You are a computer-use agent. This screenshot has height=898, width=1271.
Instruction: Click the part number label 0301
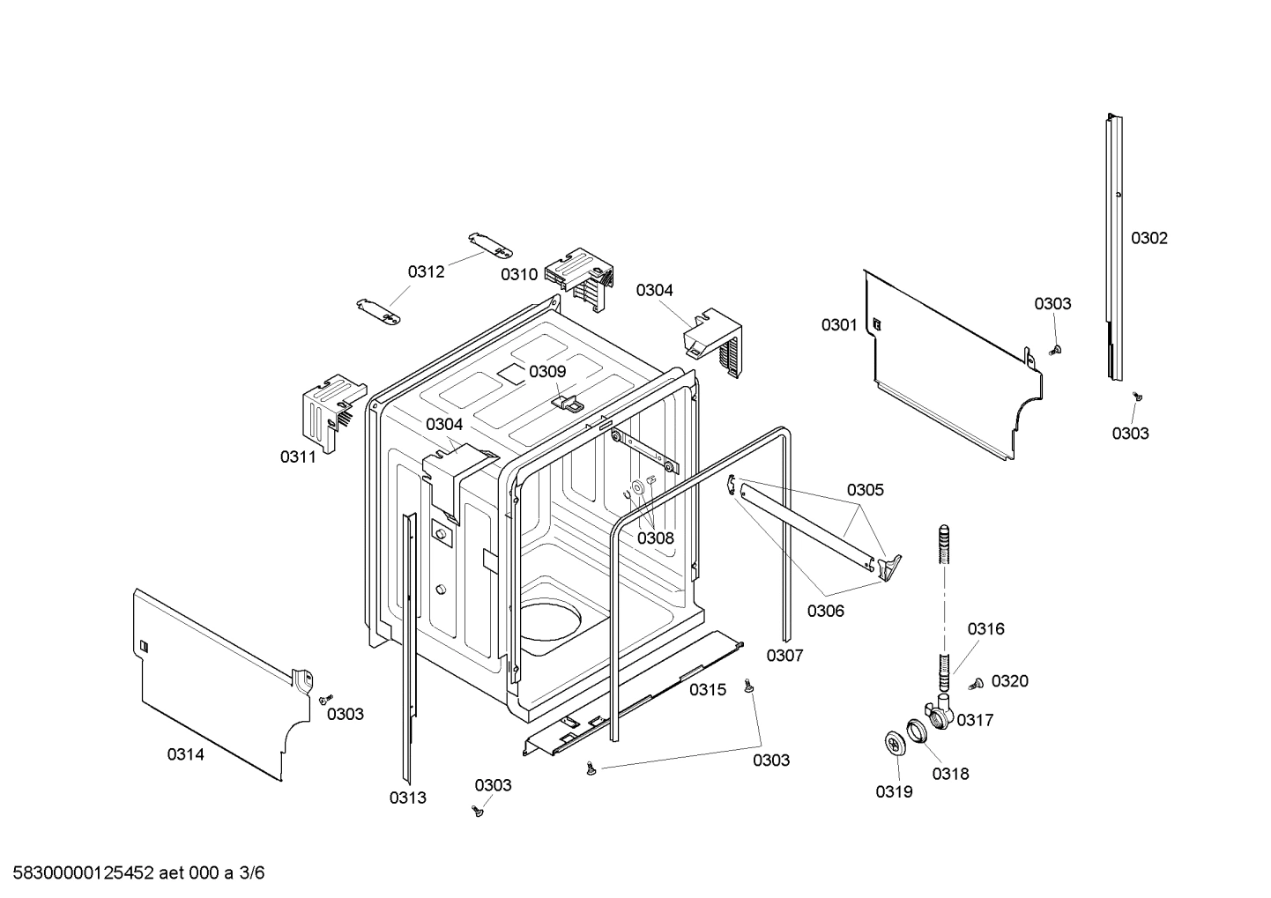(838, 325)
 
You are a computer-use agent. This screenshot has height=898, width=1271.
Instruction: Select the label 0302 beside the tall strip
(1149, 238)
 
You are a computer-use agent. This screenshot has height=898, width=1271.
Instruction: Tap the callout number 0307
(784, 655)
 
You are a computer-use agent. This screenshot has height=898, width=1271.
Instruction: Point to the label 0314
(186, 754)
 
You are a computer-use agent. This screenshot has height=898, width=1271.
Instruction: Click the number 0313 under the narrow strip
(407, 798)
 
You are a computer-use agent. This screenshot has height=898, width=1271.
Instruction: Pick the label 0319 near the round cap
(894, 791)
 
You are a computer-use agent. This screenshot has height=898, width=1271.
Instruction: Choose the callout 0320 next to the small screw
(1009, 680)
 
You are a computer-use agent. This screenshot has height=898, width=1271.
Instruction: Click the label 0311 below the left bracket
(298, 456)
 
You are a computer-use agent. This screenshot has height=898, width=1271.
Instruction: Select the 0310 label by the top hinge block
(519, 274)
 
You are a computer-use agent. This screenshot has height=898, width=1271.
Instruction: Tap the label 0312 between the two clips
(426, 271)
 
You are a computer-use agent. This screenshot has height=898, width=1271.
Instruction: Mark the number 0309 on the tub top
(547, 371)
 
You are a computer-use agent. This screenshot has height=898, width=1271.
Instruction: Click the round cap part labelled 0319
(896, 743)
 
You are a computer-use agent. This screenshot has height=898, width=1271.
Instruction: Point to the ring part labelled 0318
(918, 731)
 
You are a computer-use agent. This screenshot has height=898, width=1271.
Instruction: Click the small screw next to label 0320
(976, 684)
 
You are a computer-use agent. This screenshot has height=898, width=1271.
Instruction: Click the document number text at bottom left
(133, 873)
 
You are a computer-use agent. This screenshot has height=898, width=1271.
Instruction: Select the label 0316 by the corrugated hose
(985, 628)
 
